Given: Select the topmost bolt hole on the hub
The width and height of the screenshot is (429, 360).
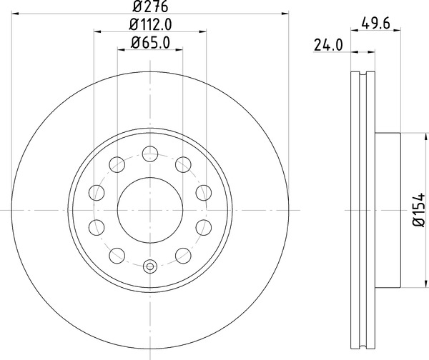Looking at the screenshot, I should coord(150,152).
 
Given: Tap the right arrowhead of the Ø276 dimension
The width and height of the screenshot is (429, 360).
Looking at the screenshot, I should coord(284,14).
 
